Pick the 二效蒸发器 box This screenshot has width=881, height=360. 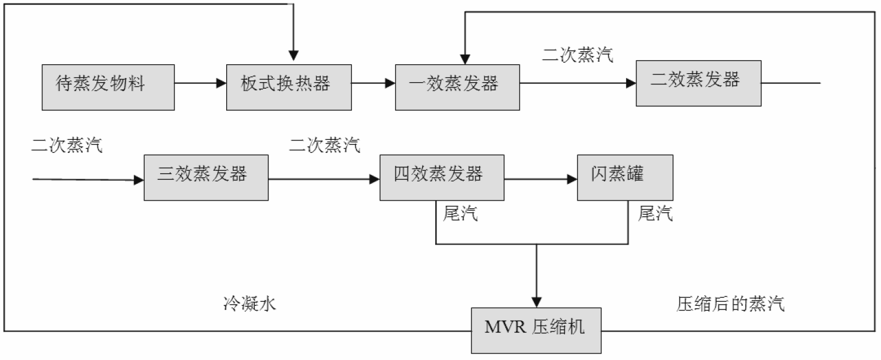(x=698, y=83)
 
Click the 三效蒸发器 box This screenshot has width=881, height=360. (x=206, y=177)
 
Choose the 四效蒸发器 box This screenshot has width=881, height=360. (x=441, y=177)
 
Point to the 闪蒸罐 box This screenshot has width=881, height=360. (x=625, y=177)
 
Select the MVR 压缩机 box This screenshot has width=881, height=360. (x=535, y=330)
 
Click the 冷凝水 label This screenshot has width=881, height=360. (x=246, y=305)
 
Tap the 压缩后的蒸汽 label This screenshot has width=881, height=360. (x=730, y=304)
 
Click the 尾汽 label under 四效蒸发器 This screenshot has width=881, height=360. (x=460, y=214)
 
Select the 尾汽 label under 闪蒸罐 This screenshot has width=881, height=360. (x=655, y=214)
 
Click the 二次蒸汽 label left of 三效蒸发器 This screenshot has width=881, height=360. (x=67, y=145)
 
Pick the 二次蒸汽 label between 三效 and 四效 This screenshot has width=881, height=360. (x=324, y=145)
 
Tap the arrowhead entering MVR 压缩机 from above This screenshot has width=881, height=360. (x=536, y=301)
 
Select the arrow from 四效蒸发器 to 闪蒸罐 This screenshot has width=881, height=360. (x=541, y=177)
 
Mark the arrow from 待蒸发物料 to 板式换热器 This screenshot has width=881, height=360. (x=201, y=83)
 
